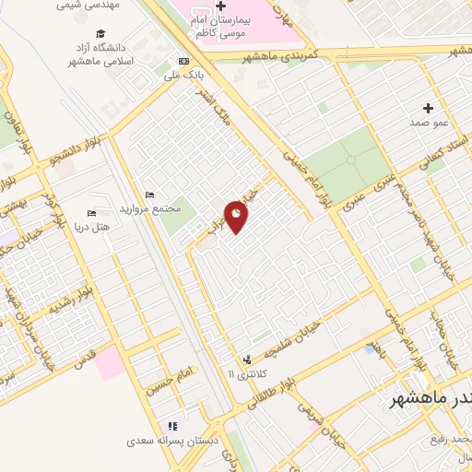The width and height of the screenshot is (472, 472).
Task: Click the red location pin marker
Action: pyautogui.click(x=237, y=218)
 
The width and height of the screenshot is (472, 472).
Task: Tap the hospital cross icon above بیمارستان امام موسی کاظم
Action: pyautogui.click(x=220, y=6)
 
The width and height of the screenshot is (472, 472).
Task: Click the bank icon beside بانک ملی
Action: pyautogui.click(x=182, y=62)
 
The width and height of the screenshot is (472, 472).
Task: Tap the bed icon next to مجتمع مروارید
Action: pyautogui.click(x=149, y=195)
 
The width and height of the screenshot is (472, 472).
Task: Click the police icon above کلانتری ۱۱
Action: pyautogui.click(x=246, y=360)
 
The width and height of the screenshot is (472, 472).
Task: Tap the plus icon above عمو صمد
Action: pyautogui.click(x=428, y=108)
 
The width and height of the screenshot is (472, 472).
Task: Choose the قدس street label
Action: pyautogui.click(x=82, y=354)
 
